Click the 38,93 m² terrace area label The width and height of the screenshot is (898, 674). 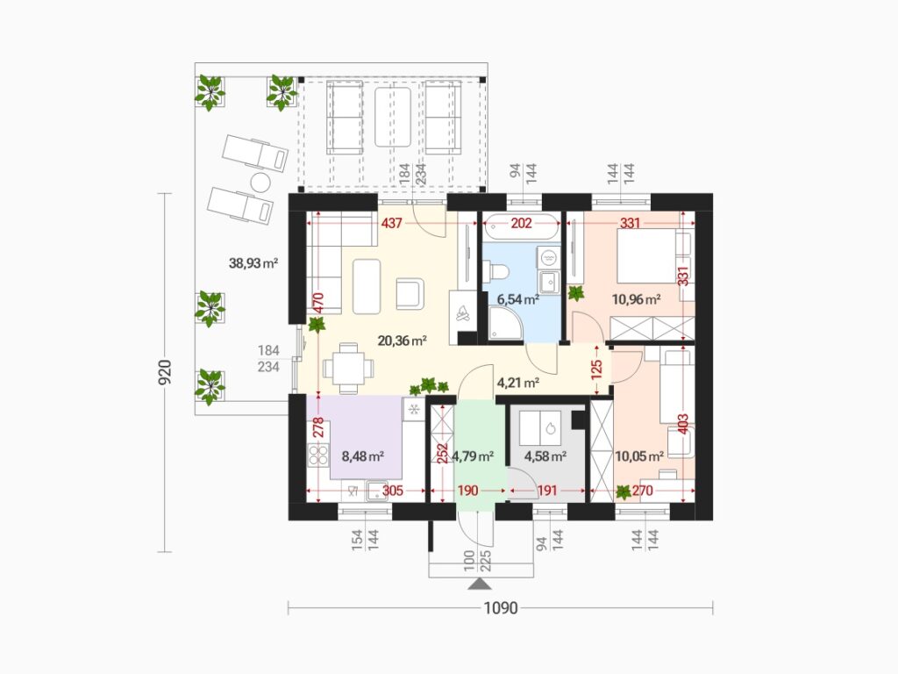253,263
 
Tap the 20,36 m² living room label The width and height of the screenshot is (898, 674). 402,341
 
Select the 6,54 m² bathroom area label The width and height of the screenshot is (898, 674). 517,299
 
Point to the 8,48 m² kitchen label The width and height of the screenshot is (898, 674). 362,456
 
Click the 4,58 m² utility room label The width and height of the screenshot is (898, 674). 545,456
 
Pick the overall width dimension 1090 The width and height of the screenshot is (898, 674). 501,608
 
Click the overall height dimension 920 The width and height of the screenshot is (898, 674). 165,372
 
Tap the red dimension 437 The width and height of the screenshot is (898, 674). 392,223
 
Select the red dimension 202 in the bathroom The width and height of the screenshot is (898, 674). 521,223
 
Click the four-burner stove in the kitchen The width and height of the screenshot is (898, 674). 318,455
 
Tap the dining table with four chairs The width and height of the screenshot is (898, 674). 348,369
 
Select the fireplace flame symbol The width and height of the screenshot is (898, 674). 462,313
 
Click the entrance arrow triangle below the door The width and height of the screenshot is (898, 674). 480,584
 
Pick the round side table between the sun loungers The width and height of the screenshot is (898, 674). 260,183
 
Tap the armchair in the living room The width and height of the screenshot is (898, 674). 410,293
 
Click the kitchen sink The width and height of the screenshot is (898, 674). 376,491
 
